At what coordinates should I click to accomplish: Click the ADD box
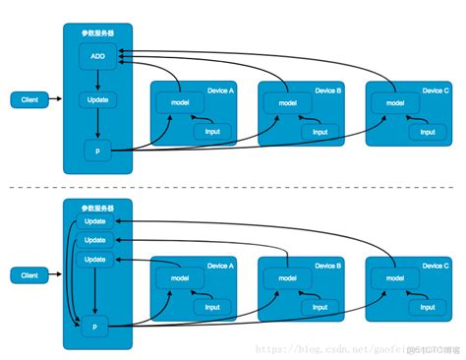pos(96,55)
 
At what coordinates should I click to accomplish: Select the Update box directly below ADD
pos(96,99)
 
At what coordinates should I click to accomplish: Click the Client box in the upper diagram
pos(29,99)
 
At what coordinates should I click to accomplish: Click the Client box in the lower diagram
pos(29,275)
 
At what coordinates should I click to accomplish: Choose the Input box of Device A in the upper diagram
pos(211,131)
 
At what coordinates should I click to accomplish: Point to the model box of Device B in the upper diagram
pos(286,102)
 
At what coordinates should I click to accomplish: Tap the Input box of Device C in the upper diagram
pos(427,131)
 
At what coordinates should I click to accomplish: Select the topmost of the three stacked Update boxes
pos(96,221)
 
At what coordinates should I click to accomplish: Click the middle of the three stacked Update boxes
pos(96,239)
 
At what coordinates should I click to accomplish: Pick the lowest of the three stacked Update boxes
pos(96,258)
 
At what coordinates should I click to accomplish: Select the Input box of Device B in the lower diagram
pos(320,307)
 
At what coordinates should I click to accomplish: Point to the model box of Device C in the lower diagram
pos(393,278)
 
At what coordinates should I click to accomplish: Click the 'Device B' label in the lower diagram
pos(327,267)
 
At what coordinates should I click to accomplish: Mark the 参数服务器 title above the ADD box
pos(97,31)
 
